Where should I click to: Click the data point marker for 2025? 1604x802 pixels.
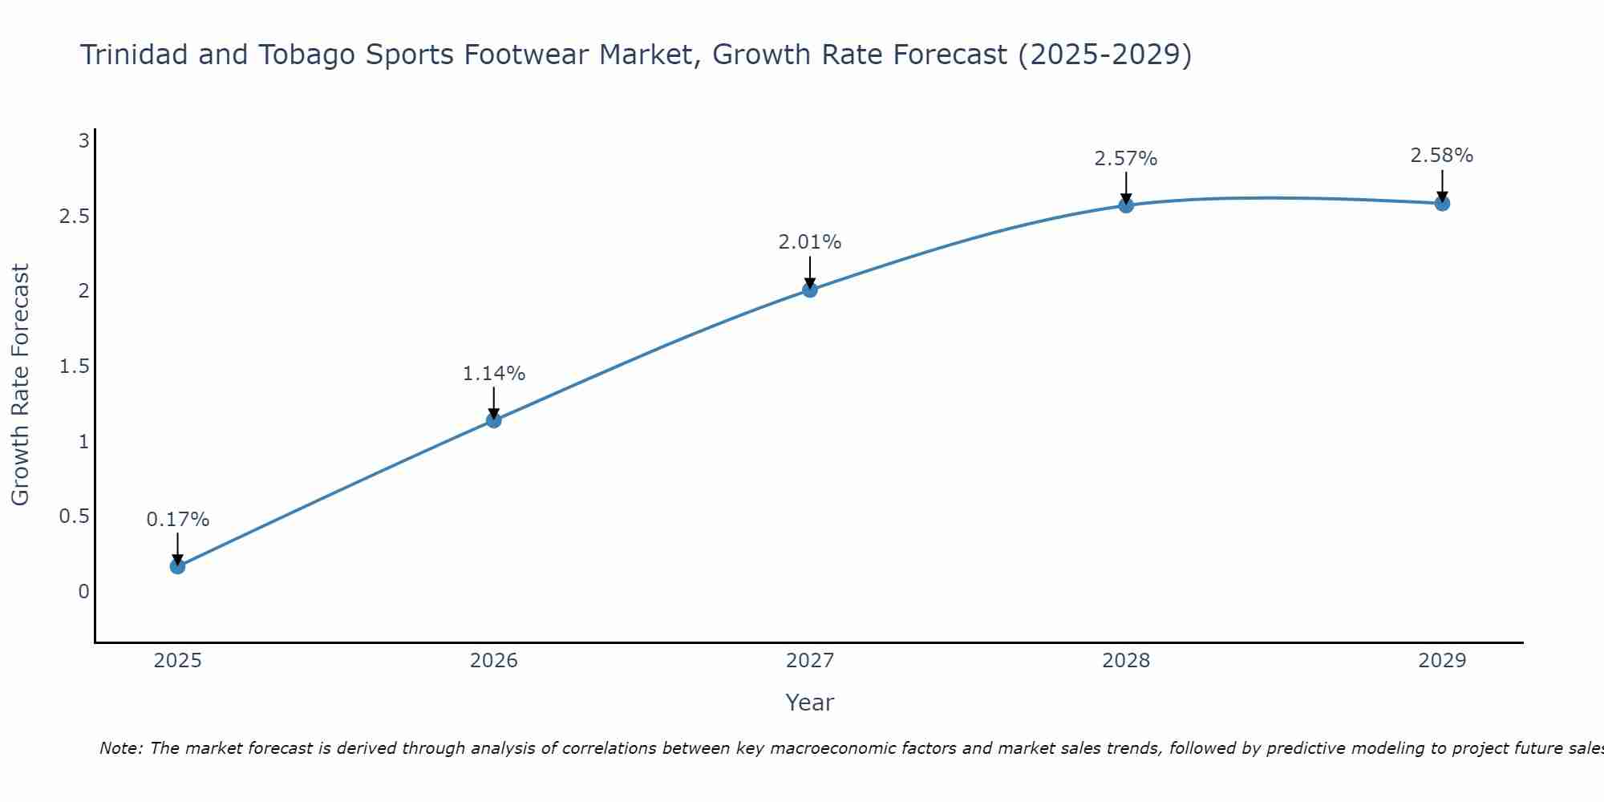[177, 566]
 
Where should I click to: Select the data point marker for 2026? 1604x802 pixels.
[494, 420]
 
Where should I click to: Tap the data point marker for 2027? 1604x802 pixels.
[810, 290]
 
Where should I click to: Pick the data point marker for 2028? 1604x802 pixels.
[1126, 205]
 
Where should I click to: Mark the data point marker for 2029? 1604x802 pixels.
[1442, 204]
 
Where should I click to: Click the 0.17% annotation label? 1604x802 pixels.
[177, 520]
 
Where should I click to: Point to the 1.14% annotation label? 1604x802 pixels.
[494, 374]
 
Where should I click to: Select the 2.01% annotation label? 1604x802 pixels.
[810, 242]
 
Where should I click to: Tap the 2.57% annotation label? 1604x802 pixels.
[1126, 159]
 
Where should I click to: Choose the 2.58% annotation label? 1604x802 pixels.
[1442, 156]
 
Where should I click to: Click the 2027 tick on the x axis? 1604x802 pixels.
[810, 661]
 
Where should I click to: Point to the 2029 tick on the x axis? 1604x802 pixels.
[1442, 661]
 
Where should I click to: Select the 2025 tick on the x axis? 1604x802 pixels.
[177, 661]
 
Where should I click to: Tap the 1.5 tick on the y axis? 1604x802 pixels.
[74, 367]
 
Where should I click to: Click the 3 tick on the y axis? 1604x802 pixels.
[83, 141]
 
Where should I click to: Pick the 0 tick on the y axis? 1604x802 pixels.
[83, 592]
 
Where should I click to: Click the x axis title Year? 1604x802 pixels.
[810, 703]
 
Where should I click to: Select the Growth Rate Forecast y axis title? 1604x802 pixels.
[21, 385]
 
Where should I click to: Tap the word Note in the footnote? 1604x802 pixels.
[120, 748]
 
